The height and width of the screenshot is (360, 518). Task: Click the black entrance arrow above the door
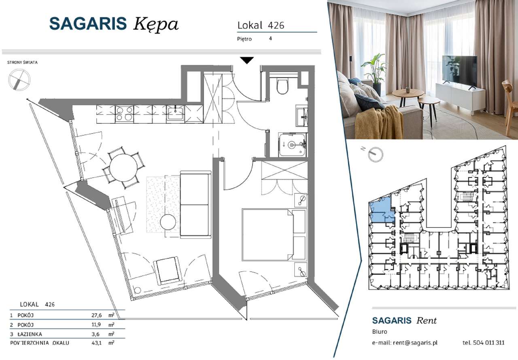pos(247,60)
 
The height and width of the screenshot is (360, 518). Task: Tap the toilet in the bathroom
pos(282,86)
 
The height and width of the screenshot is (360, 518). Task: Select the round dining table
pos(123,167)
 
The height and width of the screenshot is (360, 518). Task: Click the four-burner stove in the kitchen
pos(124,113)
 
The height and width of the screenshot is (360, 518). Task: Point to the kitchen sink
pos(176,113)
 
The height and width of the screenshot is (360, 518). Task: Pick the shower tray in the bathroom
pos(293,145)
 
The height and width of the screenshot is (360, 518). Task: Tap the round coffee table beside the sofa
pos(168,222)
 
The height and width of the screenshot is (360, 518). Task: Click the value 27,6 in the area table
pos(96,315)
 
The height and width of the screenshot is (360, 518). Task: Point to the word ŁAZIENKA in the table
pos(30,334)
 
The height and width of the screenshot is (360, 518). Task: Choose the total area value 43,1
pos(96,343)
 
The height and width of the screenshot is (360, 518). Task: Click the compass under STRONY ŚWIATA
pos(19,80)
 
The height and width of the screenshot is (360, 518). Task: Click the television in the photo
pos(459,72)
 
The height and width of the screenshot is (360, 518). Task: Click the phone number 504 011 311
pos(488,343)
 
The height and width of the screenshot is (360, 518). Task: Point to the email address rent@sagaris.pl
pos(415,343)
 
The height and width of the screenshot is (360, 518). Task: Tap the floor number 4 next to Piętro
pos(270,38)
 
